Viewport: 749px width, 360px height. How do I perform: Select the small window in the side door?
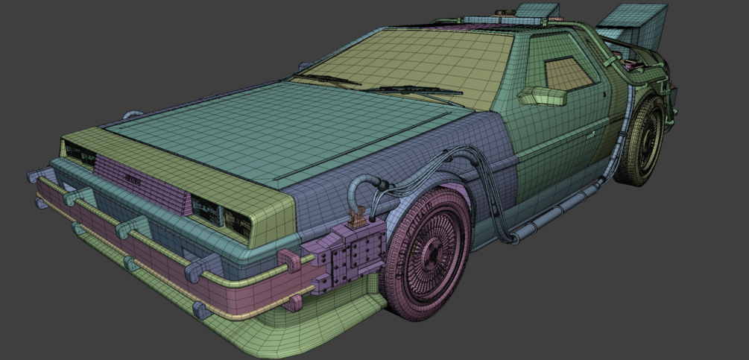tap(569, 72)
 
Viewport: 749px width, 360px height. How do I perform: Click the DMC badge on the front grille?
tap(133, 179)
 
